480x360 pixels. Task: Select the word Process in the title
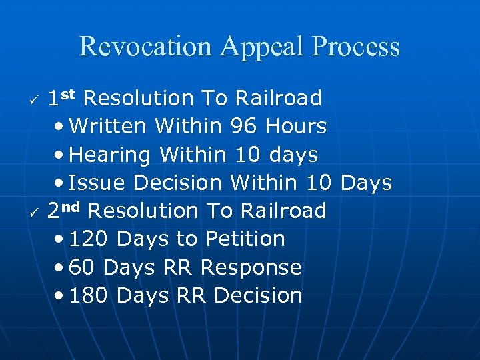point(357,47)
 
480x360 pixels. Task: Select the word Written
point(109,126)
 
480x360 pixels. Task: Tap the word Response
point(251,267)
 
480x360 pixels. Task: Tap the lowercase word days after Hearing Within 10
point(294,155)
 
